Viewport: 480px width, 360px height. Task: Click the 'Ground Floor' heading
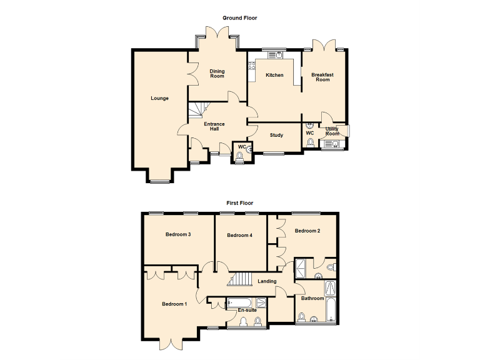[x=239, y=18]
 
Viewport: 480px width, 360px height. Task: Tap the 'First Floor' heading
[x=239, y=203]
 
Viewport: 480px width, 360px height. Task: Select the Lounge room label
[x=159, y=98]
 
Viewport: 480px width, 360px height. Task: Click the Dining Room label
[x=217, y=74]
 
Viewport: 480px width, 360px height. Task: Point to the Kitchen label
[x=274, y=75]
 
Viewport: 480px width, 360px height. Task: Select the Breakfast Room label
[x=322, y=77]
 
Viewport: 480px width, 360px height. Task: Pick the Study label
[x=276, y=135]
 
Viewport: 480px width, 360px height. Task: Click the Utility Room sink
[x=331, y=145]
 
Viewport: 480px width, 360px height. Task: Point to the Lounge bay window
[x=159, y=181]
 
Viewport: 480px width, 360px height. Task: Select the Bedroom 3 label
[x=177, y=235]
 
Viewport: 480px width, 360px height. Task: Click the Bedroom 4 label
[x=239, y=235]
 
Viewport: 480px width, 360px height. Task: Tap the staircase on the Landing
[x=242, y=279]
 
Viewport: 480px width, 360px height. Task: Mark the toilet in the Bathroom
[x=302, y=319]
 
